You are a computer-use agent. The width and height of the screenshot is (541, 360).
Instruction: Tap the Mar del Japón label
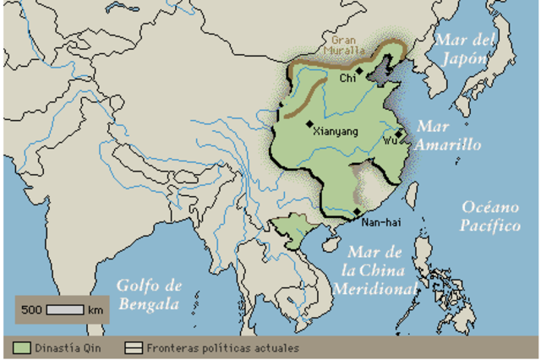click(462, 49)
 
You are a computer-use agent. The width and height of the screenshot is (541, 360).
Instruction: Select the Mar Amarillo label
click(449, 136)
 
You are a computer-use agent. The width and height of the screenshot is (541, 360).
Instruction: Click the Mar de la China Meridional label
click(377, 270)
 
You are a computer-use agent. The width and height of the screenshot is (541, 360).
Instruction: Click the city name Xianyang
click(336, 132)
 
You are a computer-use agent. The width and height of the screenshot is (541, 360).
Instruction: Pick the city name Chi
click(347, 78)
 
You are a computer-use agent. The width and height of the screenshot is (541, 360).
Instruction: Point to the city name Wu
click(390, 140)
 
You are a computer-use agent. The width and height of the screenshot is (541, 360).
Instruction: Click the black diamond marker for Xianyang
click(310, 123)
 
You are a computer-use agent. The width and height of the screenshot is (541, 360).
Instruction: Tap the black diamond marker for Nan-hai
click(358, 210)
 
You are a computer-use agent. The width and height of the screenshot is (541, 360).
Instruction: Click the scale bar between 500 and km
click(65, 310)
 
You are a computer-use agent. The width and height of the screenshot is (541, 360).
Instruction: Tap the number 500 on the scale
click(32, 310)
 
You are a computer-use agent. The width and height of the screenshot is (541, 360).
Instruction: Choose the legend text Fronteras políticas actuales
click(222, 347)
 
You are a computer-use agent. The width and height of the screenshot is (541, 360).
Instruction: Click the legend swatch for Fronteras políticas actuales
click(134, 347)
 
